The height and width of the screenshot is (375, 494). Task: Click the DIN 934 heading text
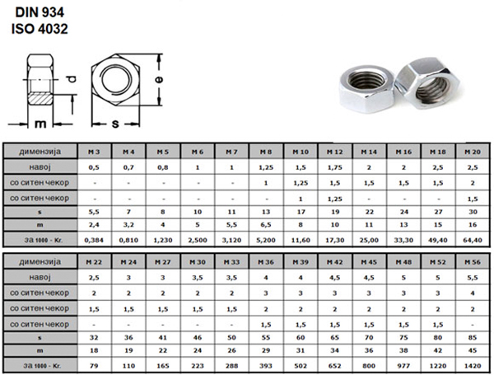[x=40, y=12]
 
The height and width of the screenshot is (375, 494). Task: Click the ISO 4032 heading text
[x=40, y=29]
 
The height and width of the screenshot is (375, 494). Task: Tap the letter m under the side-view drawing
[x=40, y=124]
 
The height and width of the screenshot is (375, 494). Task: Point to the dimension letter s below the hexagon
[x=115, y=124]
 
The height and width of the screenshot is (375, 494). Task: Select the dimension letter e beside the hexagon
[x=159, y=79]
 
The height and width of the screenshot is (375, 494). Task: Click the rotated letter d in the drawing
[x=72, y=79]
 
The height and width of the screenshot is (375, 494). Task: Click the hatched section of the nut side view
[x=40, y=98]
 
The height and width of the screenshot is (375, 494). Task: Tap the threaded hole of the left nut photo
[x=367, y=79]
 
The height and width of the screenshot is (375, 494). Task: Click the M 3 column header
[x=94, y=152]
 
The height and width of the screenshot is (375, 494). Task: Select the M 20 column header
[x=473, y=152]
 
